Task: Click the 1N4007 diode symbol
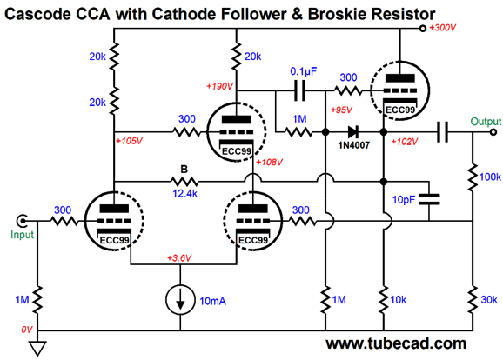tap(353, 132)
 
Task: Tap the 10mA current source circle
tap(180, 300)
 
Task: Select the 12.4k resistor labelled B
tap(184, 182)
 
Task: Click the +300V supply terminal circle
tap(423, 29)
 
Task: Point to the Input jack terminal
tap(22, 221)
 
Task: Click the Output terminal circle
tap(493, 132)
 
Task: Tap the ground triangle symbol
tap(37, 349)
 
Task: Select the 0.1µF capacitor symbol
tap(299, 90)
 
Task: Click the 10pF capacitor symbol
tap(429, 199)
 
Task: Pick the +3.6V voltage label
tap(179, 258)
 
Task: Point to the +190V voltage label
tap(220, 86)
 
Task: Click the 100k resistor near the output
tap(473, 177)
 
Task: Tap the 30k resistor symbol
tap(473, 300)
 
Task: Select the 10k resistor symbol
tap(384, 300)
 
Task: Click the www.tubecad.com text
tap(396, 343)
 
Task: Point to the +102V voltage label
tap(405, 142)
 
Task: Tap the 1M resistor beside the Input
tap(37, 300)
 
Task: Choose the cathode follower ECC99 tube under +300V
tap(399, 90)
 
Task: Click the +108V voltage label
tap(269, 163)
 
